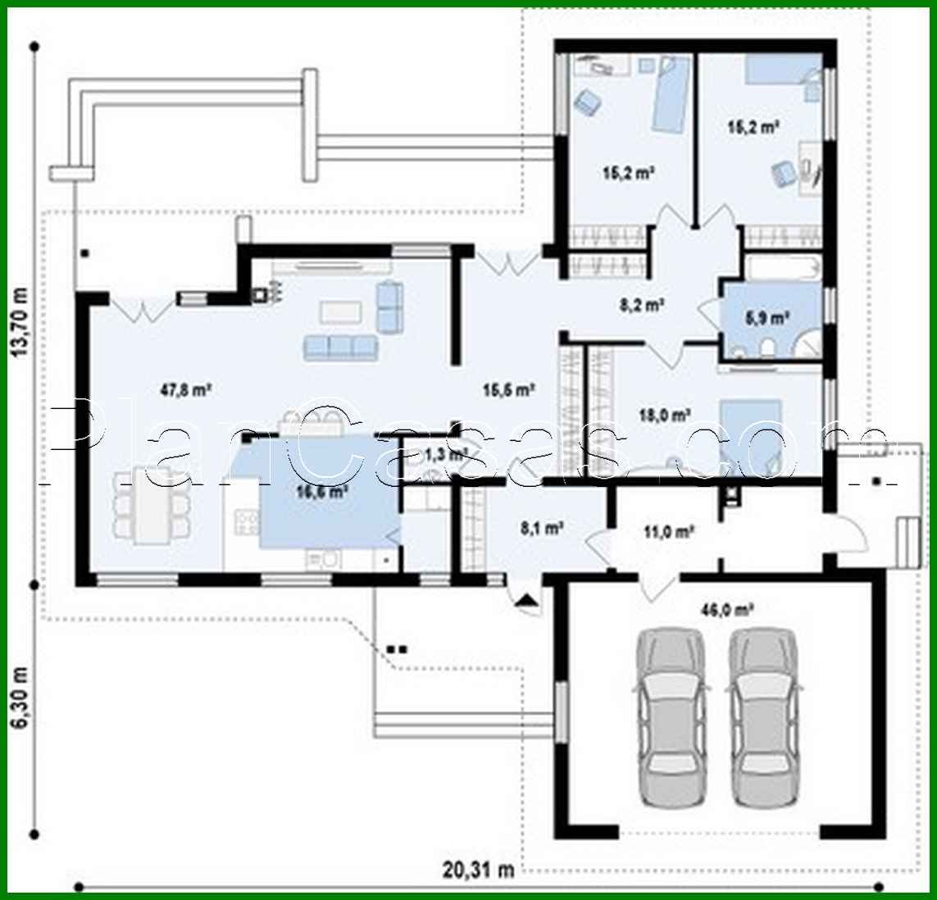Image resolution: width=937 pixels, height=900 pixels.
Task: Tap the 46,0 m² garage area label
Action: pyautogui.click(x=727, y=609)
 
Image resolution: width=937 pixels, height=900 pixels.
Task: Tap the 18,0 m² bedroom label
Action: pyautogui.click(x=663, y=415)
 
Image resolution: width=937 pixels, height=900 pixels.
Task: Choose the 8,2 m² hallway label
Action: pyautogui.click(x=640, y=305)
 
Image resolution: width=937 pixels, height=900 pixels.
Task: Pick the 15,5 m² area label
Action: pyautogui.click(x=508, y=390)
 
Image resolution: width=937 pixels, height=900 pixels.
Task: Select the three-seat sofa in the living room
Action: pyautogui.click(x=340, y=347)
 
